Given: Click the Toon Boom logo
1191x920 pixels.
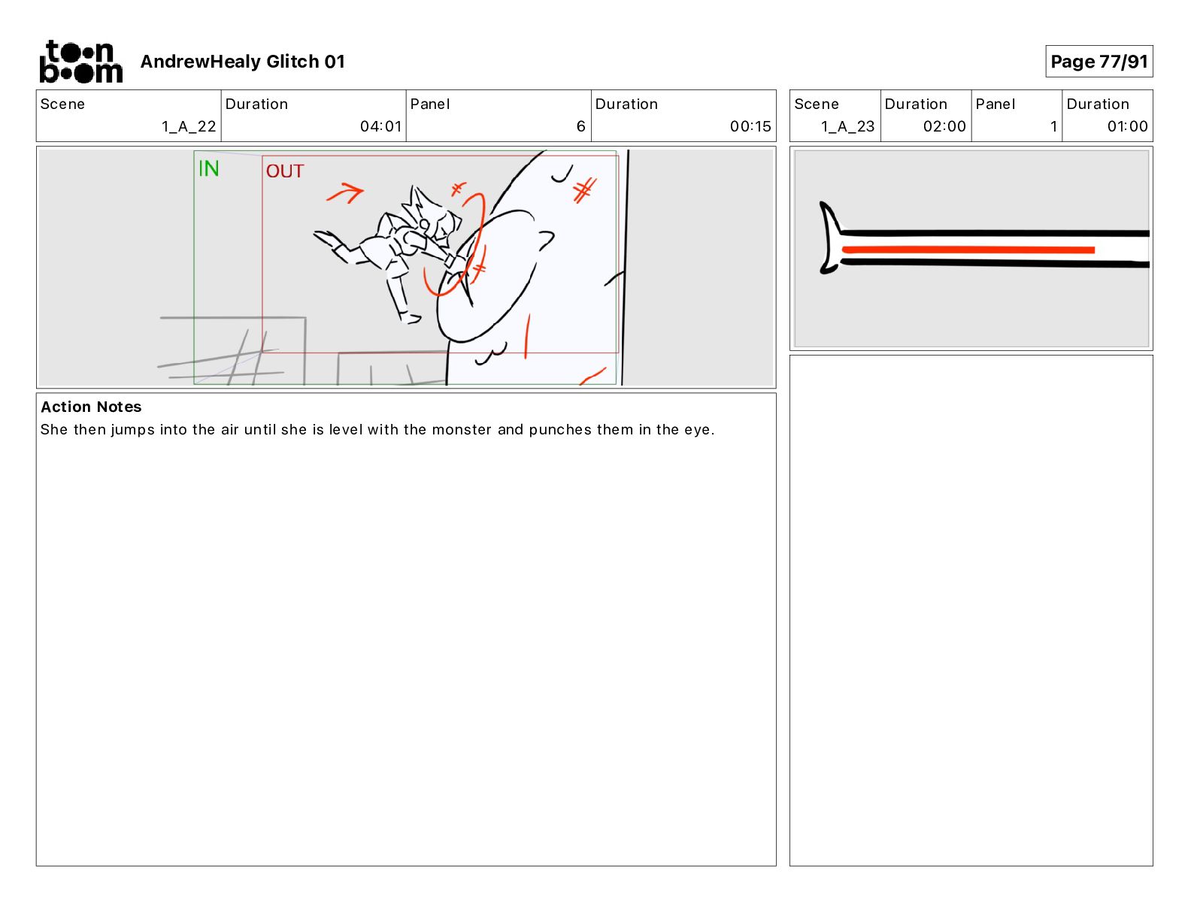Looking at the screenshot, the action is coord(81,62).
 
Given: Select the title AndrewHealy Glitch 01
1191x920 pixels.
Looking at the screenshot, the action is coord(242,62).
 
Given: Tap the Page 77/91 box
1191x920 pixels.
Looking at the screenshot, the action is coord(1099,62).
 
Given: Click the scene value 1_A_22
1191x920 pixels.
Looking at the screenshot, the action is coord(189,126).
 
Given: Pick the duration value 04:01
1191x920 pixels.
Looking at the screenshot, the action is coord(381,126).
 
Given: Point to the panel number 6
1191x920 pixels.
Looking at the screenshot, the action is coord(580,126).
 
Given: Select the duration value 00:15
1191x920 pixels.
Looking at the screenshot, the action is coord(750,126).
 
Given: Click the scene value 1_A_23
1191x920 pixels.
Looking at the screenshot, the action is coord(847,126).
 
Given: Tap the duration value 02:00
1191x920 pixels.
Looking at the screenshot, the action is coord(944,126).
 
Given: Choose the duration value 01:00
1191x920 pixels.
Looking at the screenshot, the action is coord(1127,126).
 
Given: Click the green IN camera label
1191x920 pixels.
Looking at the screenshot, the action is coord(208,169).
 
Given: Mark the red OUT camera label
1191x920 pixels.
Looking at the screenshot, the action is coord(284,171).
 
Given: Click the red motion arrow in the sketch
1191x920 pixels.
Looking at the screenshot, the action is coord(344,193).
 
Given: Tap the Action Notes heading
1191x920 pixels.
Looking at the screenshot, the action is coord(91,407).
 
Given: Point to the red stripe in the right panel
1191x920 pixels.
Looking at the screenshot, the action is coord(968,250).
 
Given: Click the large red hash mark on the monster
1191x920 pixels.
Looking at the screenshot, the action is coord(584,189).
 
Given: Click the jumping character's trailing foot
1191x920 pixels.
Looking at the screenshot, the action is coord(410,318).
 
